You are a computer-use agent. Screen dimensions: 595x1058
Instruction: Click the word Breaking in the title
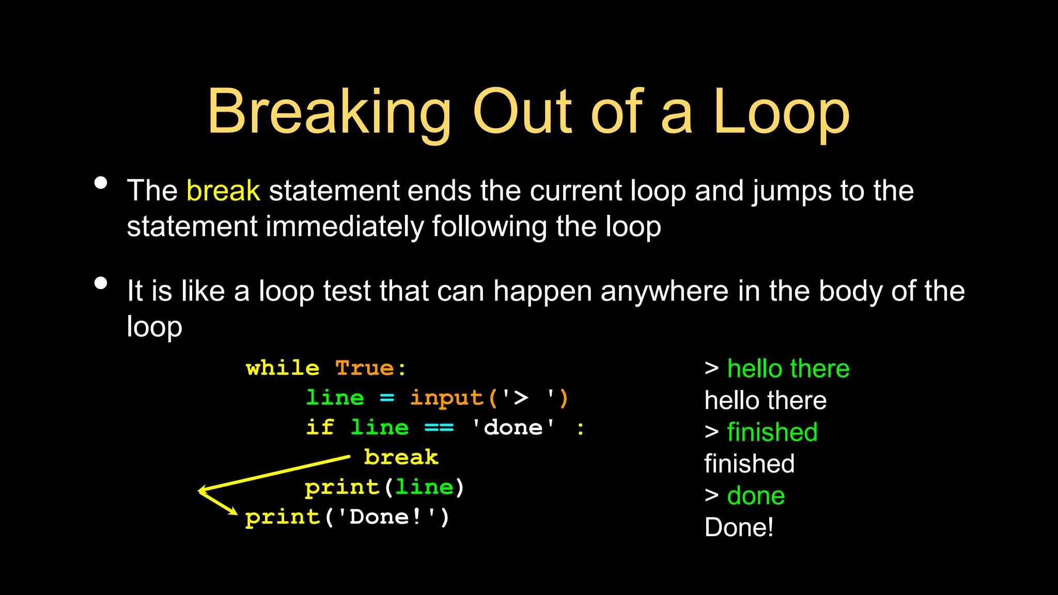329,113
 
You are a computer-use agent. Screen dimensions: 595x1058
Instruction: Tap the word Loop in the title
781,113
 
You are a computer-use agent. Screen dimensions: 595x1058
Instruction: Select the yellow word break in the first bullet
223,191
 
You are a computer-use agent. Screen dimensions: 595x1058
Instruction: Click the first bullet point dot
101,183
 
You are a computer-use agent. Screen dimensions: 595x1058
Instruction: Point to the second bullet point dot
101,283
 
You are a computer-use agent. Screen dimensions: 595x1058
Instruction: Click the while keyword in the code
283,369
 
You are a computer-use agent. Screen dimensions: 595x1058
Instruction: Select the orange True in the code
365,369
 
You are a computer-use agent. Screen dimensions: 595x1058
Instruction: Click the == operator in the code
439,428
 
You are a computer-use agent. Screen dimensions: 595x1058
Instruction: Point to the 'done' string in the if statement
513,428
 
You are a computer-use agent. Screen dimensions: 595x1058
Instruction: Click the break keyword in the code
401,458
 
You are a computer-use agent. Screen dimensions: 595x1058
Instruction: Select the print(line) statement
384,488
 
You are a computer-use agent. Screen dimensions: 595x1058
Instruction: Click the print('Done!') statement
347,517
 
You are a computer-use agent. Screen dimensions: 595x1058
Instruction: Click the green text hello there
788,369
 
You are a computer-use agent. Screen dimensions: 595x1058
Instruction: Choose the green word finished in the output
772,432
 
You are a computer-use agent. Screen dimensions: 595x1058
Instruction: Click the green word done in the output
756,496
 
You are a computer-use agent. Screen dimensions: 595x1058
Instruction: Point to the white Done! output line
739,528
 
